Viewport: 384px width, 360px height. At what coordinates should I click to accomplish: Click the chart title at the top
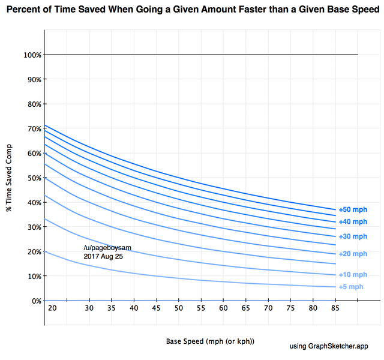pyautogui.click(x=192, y=10)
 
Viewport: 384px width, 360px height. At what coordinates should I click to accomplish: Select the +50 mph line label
pyautogui.click(x=352, y=210)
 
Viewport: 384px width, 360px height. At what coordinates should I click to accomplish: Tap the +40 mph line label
pyautogui.click(x=352, y=222)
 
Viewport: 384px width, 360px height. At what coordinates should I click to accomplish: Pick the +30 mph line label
pyautogui.click(x=352, y=236)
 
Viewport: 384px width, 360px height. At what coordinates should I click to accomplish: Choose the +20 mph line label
pyautogui.click(x=352, y=254)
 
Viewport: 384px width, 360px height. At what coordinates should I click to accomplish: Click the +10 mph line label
pyautogui.click(x=352, y=275)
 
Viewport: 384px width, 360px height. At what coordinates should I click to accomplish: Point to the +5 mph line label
pyautogui.click(x=351, y=287)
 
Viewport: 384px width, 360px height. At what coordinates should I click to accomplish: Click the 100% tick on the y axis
pyautogui.click(x=34, y=55)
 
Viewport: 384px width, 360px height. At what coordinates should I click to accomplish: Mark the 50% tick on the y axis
pyautogui.click(x=34, y=178)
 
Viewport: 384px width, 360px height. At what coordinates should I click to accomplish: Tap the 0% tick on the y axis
pyautogui.click(x=35, y=301)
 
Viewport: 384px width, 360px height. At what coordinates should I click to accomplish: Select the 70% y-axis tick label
pyautogui.click(x=34, y=128)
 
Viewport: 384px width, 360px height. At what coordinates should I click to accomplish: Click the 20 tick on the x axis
pyautogui.click(x=52, y=308)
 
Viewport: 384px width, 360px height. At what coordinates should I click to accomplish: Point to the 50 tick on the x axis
pyautogui.click(x=179, y=308)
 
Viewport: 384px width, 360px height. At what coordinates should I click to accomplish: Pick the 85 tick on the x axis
pyautogui.click(x=335, y=308)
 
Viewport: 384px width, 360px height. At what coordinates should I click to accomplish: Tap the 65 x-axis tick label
pyautogui.click(x=246, y=308)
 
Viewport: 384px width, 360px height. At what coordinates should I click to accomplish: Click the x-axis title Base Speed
pyautogui.click(x=210, y=341)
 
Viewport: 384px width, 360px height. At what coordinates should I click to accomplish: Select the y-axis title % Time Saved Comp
pyautogui.click(x=9, y=178)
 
